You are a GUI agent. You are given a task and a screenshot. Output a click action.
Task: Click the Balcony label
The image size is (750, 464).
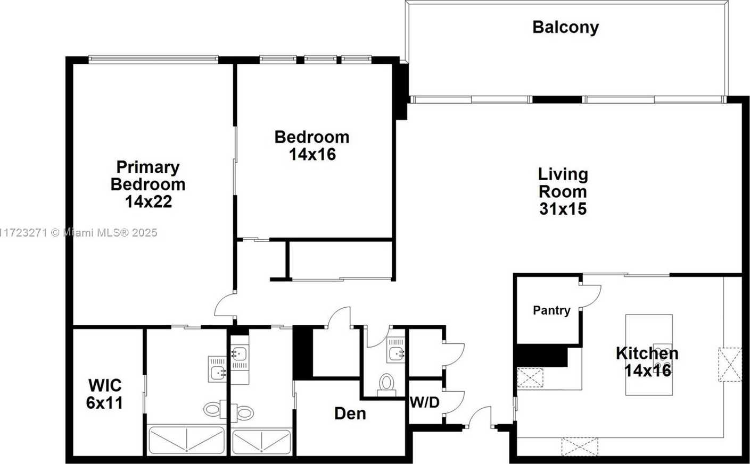pyautogui.click(x=565, y=28)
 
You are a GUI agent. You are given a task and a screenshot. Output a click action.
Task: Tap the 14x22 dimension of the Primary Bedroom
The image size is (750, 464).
pyautogui.click(x=149, y=201)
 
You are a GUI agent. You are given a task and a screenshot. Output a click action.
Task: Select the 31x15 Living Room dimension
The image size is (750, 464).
pyautogui.click(x=563, y=209)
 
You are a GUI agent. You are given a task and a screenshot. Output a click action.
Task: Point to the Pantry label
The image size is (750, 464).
pyautogui.click(x=551, y=310)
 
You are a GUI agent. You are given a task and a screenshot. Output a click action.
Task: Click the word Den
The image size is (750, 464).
pyautogui.click(x=350, y=414)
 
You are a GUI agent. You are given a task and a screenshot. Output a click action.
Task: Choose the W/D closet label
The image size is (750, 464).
pyautogui.click(x=425, y=402)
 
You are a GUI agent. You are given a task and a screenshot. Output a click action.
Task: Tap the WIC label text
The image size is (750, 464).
pyautogui.click(x=105, y=385)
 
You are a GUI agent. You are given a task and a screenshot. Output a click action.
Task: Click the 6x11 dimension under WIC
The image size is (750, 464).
pyautogui.click(x=104, y=403)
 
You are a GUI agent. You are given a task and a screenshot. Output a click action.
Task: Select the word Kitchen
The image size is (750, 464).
pyautogui.click(x=647, y=353)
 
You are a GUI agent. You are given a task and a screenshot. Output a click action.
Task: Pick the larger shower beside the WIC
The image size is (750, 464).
pyautogui.click(x=186, y=440)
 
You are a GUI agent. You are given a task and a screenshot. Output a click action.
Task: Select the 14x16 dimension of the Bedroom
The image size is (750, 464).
pyautogui.click(x=312, y=155)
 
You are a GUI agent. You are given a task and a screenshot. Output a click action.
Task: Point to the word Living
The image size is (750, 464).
pyautogui.click(x=563, y=175)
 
